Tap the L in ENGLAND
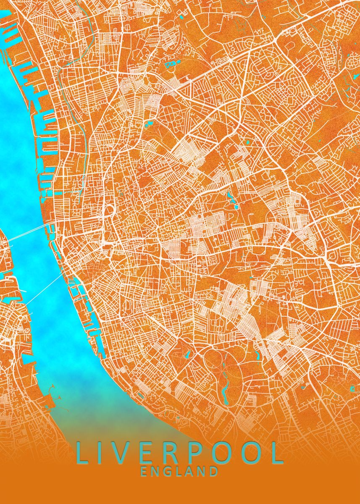[x=179, y=471]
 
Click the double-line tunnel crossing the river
[x=29, y=233]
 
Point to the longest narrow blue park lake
[x=226, y=386]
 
